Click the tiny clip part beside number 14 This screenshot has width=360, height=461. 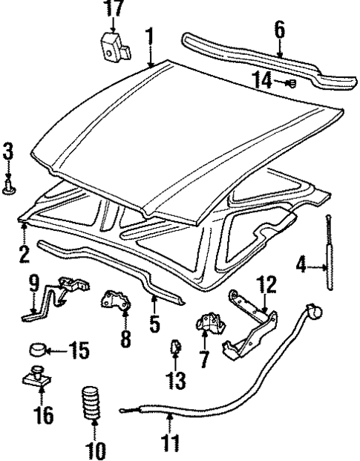292,83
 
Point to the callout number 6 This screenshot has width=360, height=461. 279,29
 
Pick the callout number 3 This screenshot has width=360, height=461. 8,153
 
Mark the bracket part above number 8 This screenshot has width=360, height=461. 116,301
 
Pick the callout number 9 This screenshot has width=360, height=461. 33,282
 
